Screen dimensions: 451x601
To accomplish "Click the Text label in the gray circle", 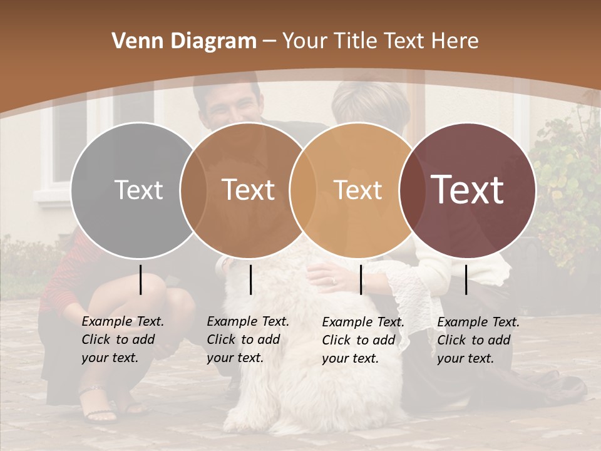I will pos(138,190).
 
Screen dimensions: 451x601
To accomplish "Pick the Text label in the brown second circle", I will pos(248,190).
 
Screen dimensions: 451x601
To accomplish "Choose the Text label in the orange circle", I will pos(357,190).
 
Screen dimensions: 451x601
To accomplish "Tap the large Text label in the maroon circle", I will pos(468,190).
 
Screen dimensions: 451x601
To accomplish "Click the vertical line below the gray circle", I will pos(141,279).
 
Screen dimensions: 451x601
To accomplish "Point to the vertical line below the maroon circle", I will pos(466,279).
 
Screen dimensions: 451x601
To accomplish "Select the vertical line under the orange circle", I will pos(361,279).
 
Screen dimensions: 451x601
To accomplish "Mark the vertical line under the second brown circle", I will pos(250,279).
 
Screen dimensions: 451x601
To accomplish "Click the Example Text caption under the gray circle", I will pos(123,340).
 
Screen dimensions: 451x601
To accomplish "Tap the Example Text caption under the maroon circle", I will pos(478,340).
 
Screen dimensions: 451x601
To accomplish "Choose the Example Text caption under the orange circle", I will pos(363,340).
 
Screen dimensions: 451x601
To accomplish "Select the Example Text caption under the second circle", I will pos(248,340).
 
